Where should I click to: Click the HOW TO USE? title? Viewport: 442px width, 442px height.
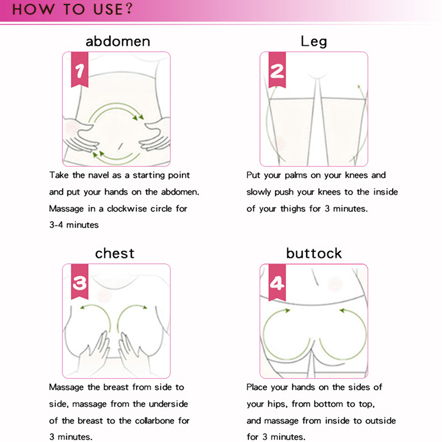point(72,9)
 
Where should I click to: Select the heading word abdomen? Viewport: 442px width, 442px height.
point(118,41)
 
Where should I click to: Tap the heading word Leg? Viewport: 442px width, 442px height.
point(314,42)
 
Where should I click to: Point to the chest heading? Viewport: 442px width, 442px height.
point(115,253)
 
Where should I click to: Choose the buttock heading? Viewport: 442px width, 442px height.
point(314,253)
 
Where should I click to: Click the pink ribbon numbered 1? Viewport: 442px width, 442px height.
point(80,70)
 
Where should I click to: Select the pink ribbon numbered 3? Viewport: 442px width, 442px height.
point(80,282)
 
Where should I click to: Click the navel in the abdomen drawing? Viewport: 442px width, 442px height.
point(120,146)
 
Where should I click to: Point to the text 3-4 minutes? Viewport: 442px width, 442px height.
point(74,225)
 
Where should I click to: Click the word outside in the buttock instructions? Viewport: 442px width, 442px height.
point(381,420)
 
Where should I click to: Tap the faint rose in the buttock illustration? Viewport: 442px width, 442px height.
point(335,283)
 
